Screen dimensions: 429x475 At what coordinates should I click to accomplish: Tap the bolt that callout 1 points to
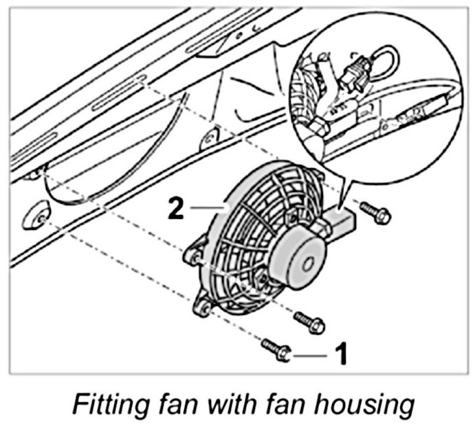276,349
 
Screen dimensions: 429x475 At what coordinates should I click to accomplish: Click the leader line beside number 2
206,207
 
